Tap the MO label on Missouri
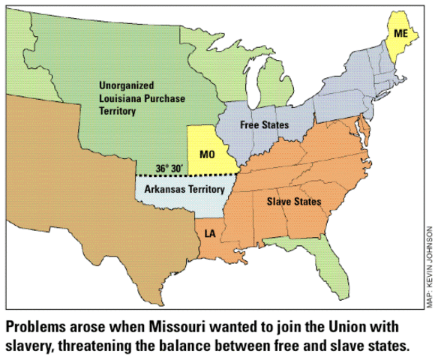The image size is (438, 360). point(208,154)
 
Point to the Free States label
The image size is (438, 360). point(264,124)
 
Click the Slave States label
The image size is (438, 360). point(294,202)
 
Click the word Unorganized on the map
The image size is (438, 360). point(126,85)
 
